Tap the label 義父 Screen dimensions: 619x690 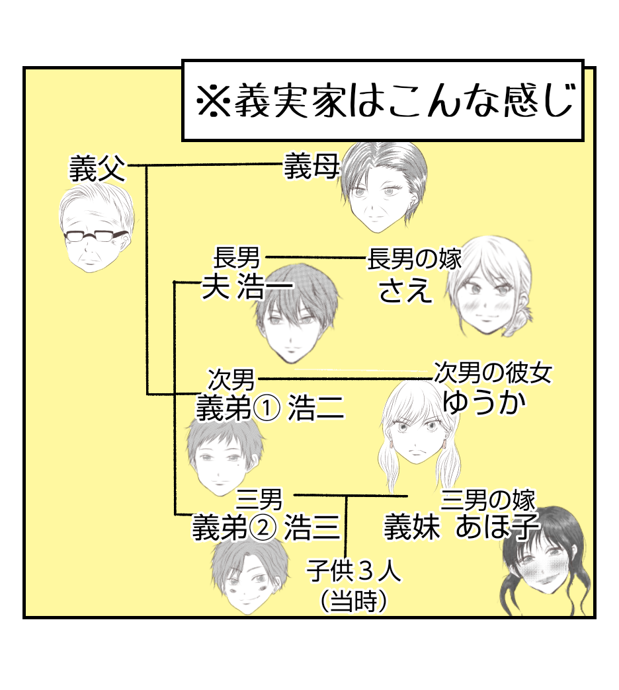97,170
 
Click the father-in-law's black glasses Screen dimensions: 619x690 95,236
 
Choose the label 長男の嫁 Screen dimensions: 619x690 414,258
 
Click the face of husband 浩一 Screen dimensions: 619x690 295,324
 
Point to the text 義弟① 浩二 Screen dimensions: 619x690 270,409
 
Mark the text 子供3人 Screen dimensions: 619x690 353,570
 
